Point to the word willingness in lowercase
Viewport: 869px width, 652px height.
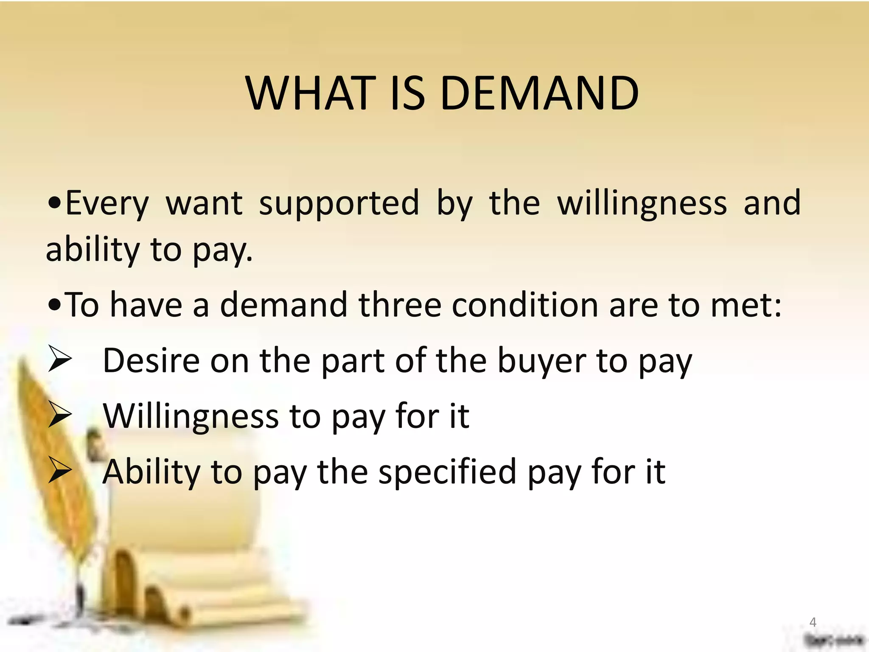[642, 203]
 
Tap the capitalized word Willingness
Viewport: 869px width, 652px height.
[191, 417]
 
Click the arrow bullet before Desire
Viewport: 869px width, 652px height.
[59, 359]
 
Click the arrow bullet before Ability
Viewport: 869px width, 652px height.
[59, 470]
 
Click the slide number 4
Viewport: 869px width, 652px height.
[813, 622]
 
